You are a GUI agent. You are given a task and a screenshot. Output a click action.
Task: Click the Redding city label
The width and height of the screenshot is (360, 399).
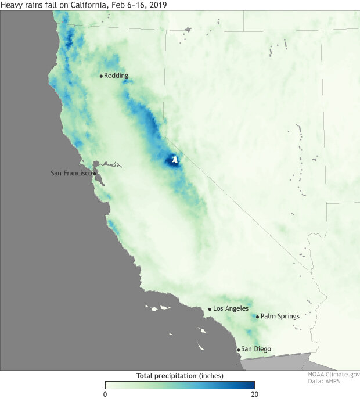(x=116, y=76)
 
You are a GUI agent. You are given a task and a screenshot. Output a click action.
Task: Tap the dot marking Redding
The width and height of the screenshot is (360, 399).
(x=101, y=76)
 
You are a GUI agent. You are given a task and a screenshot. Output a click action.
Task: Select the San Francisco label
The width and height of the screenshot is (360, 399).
(x=71, y=173)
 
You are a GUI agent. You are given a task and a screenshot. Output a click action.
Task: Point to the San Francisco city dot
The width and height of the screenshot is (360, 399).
(x=95, y=173)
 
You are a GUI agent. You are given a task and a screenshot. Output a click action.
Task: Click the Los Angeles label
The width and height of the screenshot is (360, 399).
(x=231, y=308)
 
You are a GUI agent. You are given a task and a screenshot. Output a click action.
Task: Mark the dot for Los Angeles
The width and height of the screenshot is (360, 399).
(x=210, y=309)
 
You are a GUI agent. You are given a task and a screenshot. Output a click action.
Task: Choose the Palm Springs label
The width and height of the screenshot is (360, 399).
(x=280, y=317)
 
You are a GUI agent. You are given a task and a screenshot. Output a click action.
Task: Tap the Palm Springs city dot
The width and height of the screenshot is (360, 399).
(x=257, y=317)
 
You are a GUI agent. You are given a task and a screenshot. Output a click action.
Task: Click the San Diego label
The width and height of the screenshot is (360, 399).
(x=255, y=349)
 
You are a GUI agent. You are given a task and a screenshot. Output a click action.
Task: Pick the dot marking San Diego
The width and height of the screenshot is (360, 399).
(x=238, y=350)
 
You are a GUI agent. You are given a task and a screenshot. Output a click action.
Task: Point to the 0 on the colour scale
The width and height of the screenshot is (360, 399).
(x=106, y=393)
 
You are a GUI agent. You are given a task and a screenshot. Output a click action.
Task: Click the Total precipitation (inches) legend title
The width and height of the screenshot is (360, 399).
(x=179, y=376)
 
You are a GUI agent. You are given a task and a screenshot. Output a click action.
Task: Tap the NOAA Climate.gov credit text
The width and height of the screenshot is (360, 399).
(x=333, y=375)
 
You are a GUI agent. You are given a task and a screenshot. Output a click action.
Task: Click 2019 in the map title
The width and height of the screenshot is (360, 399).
(x=150, y=5)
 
